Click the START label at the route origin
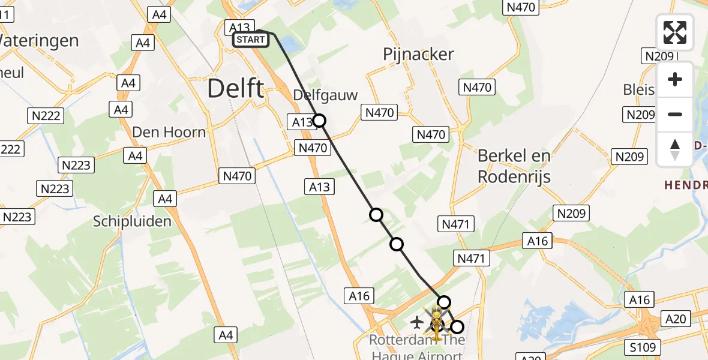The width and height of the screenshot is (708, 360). pos(250,40)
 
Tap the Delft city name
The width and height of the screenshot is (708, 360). pos(235,89)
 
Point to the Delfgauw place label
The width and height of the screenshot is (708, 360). pos(325,95)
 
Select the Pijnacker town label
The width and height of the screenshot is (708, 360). pos(418,55)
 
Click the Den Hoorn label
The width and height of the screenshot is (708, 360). pos(169,132)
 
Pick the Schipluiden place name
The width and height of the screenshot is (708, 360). pos(132,221)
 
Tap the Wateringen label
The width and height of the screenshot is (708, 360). pos(39,41)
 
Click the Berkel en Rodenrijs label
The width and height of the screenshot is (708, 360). pos(514,166)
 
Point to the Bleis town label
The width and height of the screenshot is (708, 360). pos(638,89)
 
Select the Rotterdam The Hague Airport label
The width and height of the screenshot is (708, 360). pos(417,347)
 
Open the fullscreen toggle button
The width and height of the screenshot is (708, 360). pos(675,32)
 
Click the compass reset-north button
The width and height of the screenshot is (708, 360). pos(675,149)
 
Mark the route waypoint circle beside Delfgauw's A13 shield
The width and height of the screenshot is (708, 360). pos(320,121)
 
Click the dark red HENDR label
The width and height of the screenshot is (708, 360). pos(685,185)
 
